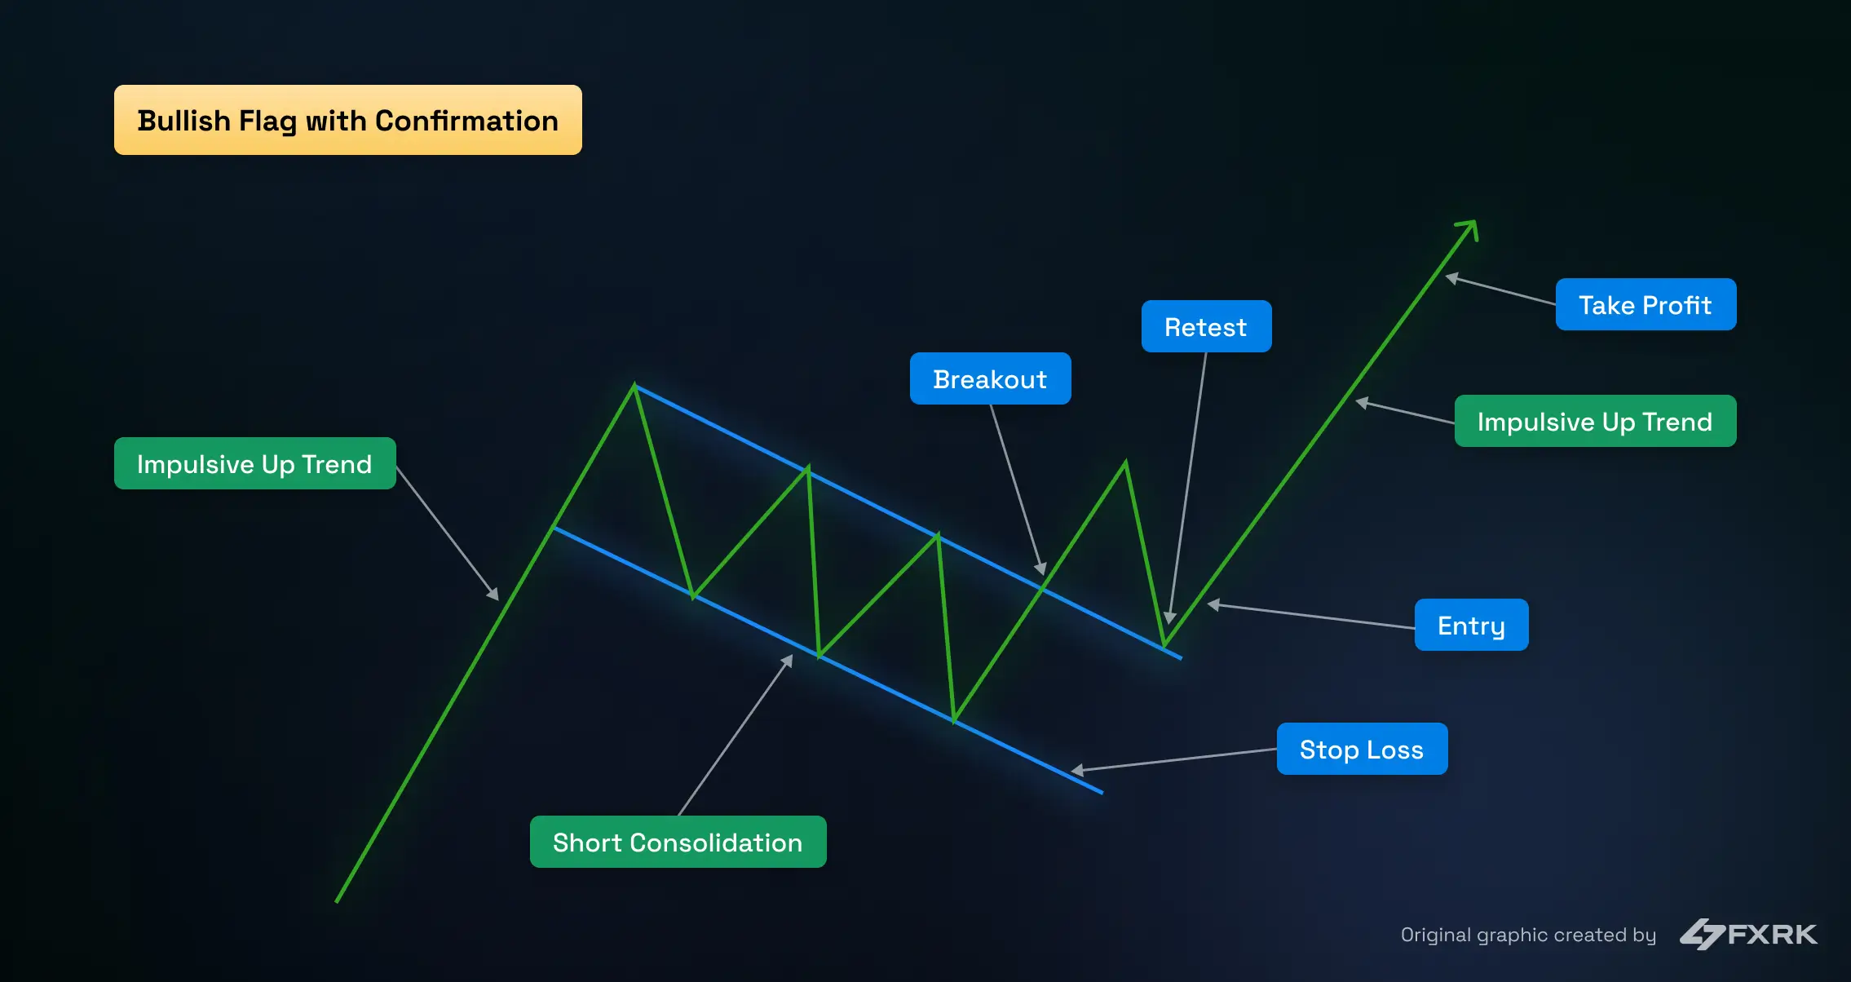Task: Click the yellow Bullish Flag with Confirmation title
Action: (347, 120)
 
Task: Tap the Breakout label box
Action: (990, 378)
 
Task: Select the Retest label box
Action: (1206, 326)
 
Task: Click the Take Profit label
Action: (1646, 304)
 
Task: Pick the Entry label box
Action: (1471, 625)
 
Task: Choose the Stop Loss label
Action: (1362, 749)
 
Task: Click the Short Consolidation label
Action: (678, 842)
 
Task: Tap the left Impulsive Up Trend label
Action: (254, 463)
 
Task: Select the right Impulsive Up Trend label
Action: (1595, 421)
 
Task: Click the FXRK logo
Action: (1749, 934)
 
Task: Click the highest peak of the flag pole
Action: (634, 386)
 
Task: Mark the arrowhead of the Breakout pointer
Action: (1041, 569)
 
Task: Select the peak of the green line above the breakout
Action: (1125, 463)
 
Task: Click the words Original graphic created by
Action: (1528, 935)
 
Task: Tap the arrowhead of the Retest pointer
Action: (1170, 617)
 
